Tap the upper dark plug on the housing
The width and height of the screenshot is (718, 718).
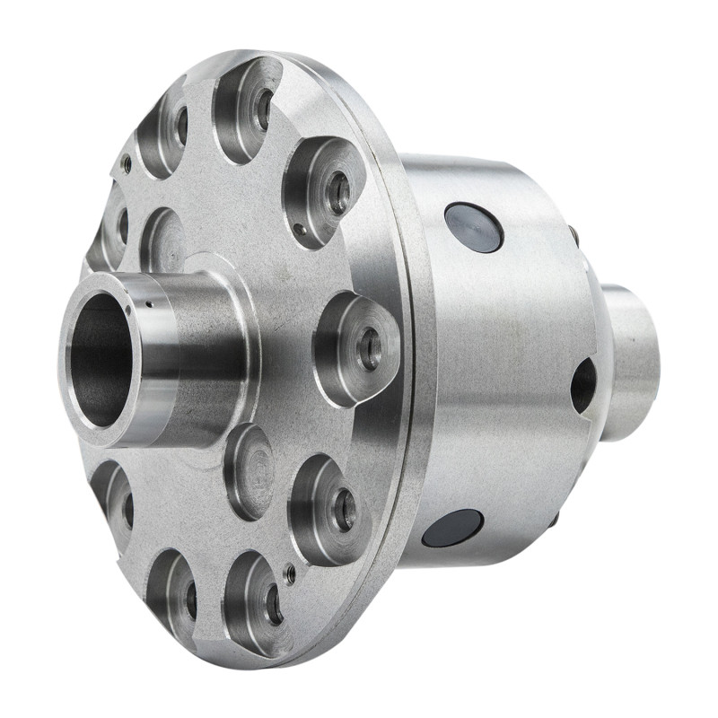coord(474,227)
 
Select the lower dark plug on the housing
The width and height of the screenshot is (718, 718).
coord(452,529)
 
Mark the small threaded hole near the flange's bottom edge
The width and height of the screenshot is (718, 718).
coord(289,574)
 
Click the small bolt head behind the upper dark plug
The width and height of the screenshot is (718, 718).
coord(573,236)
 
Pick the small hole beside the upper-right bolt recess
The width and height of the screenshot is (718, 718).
coord(299,229)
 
